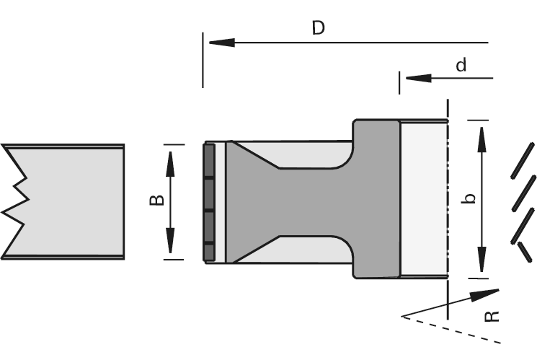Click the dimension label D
point(318,28)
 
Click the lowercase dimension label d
point(461,65)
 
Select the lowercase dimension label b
point(469,198)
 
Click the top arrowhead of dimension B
point(171,159)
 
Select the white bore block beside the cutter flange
point(424,198)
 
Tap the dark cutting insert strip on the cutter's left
point(208,202)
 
